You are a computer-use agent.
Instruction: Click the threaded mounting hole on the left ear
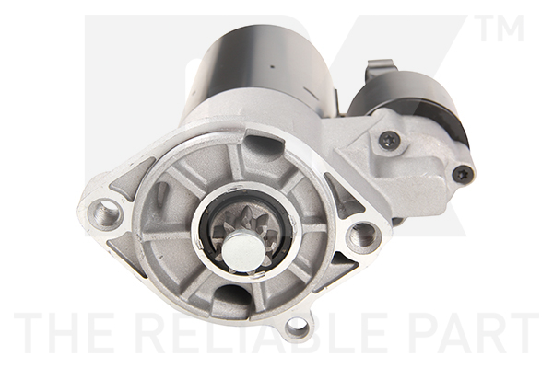click(104, 215)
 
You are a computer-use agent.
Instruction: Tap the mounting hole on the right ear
click(362, 237)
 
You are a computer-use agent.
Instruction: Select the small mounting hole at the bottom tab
click(297, 326)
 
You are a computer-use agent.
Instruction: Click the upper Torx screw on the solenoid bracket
click(389, 141)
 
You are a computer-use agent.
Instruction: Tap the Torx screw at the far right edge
click(461, 173)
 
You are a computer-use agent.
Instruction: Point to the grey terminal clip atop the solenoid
click(379, 70)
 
